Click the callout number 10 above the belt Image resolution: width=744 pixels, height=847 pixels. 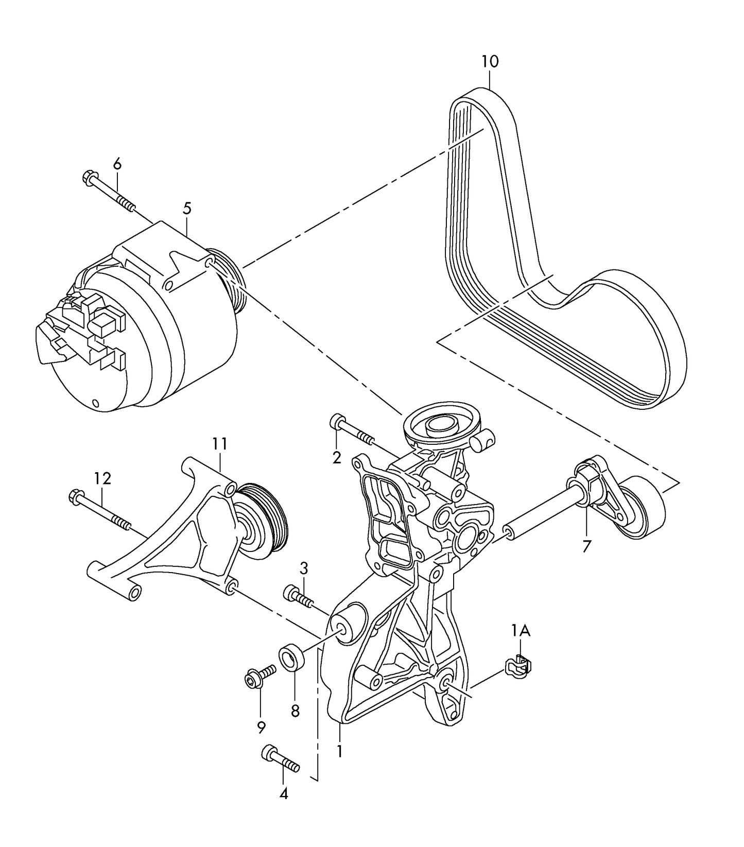click(x=490, y=62)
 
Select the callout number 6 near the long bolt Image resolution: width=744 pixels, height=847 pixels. click(x=117, y=164)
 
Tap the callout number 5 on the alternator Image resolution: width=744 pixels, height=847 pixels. click(x=186, y=209)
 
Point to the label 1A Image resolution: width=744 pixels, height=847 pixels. click(x=521, y=630)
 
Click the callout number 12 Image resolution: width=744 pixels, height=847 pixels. click(x=102, y=479)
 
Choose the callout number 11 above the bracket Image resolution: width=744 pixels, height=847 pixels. click(x=219, y=443)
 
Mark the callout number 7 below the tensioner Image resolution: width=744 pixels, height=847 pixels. click(x=586, y=546)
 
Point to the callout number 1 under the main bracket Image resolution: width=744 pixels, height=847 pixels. click(x=339, y=752)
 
